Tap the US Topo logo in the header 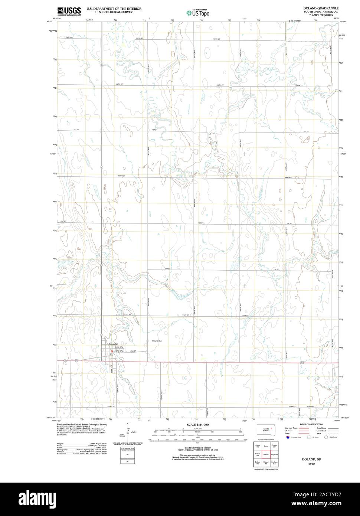(198, 13)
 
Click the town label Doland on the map (113, 344)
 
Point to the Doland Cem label (157, 341)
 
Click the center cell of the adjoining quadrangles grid (266, 454)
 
